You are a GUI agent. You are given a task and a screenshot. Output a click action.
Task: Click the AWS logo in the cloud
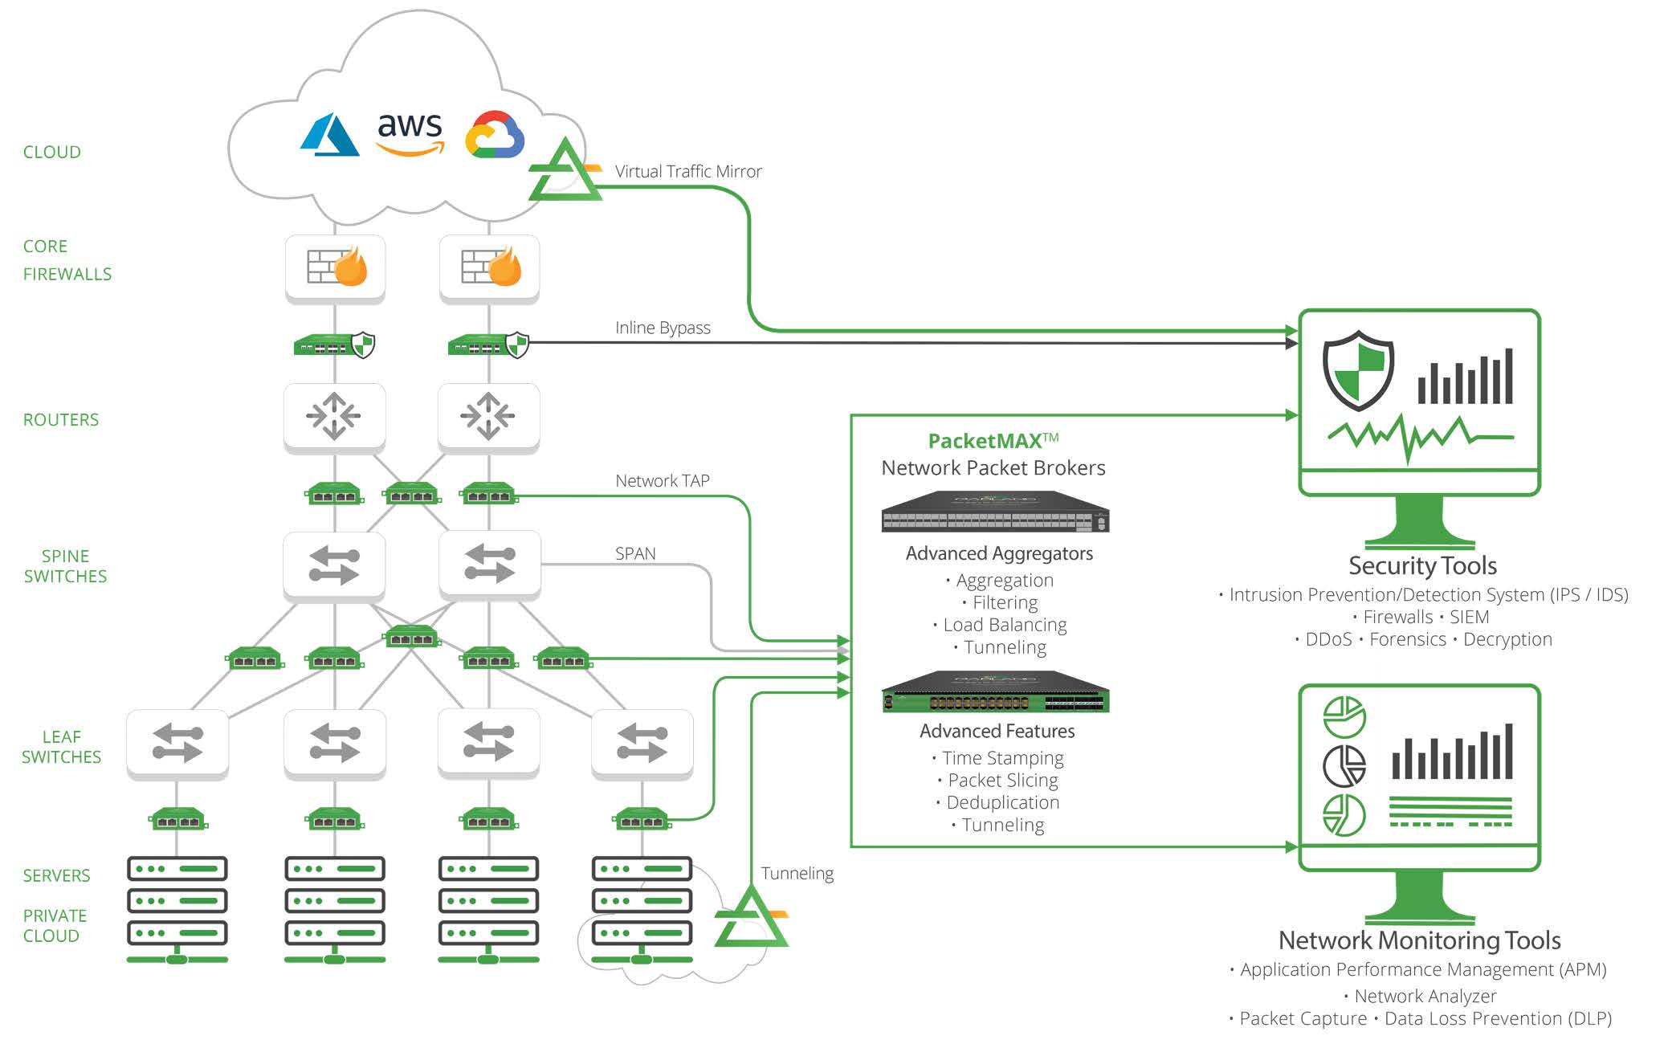(x=410, y=132)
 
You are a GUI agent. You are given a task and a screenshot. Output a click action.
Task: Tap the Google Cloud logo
(x=495, y=135)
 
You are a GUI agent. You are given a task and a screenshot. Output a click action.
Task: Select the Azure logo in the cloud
(x=329, y=135)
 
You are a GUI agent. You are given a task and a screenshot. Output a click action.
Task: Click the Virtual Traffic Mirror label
(x=687, y=171)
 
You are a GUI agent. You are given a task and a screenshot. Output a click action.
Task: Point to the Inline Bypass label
(x=663, y=328)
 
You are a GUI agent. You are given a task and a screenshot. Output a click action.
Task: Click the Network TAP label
(x=663, y=481)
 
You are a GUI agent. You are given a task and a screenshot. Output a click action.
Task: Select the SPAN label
(x=635, y=553)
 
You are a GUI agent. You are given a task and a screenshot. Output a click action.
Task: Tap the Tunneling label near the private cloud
(x=797, y=873)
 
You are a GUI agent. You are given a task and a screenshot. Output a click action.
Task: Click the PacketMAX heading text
(x=993, y=441)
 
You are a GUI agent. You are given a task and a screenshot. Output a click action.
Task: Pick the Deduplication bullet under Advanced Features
(x=1002, y=802)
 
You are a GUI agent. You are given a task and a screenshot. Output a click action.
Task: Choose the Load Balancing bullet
(x=1005, y=625)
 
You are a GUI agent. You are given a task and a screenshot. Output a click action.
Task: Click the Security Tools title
(x=1422, y=565)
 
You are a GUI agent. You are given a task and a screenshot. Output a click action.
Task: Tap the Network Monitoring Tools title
(x=1419, y=940)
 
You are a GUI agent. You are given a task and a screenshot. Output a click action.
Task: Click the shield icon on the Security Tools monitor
(x=1358, y=371)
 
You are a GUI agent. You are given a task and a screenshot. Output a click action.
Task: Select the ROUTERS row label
(x=61, y=419)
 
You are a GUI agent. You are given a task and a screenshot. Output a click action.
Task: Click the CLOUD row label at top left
(x=51, y=152)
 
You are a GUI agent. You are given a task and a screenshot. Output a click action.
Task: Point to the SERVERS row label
(x=56, y=875)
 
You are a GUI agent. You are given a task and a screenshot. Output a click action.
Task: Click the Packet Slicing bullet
(x=1002, y=780)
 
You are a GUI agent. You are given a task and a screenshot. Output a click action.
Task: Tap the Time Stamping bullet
(x=1002, y=758)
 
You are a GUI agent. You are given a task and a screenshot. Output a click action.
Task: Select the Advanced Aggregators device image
(x=995, y=512)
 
